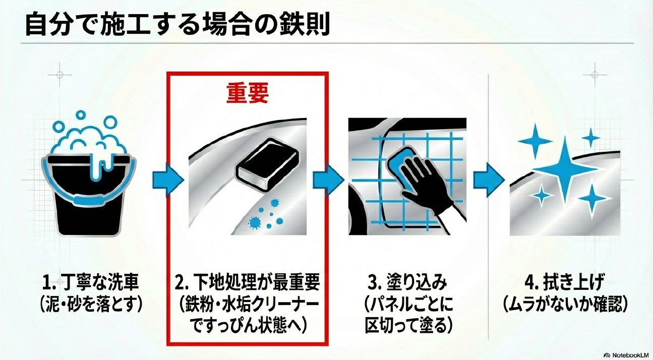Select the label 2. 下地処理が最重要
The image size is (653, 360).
(247, 283)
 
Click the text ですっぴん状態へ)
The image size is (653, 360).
(247, 325)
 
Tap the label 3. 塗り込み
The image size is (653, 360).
(406, 283)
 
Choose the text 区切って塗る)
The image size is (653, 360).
(406, 325)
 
